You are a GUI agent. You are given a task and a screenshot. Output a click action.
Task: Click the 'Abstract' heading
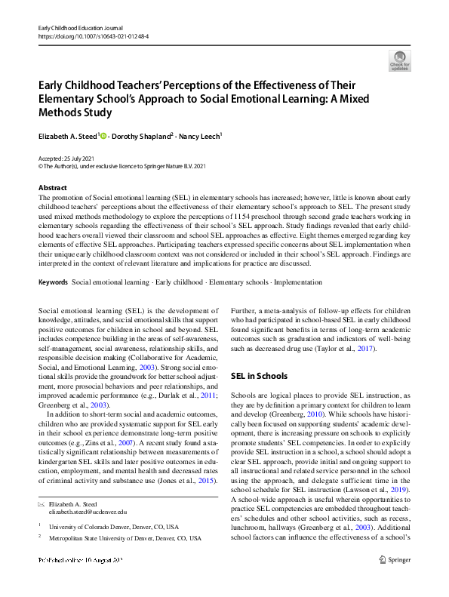(52, 187)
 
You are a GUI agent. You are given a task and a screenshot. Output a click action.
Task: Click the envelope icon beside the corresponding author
(42, 503)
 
